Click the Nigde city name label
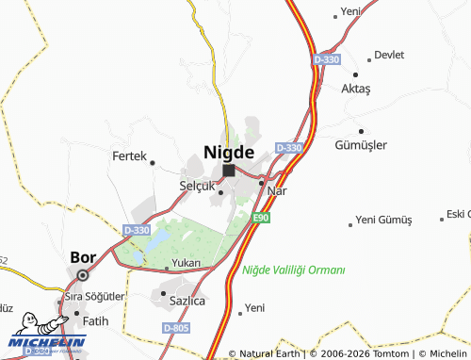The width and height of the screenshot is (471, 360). click(x=229, y=151)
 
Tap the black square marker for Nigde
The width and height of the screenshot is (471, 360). click(x=229, y=171)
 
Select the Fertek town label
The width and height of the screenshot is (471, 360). click(x=129, y=156)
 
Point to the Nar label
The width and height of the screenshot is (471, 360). click(x=277, y=190)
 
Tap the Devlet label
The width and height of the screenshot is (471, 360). click(x=389, y=56)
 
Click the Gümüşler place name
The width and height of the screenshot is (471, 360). click(x=361, y=145)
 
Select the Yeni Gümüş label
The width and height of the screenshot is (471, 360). click(x=384, y=221)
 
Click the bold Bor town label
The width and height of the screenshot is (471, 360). click(x=83, y=256)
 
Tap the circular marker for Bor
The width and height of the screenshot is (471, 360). click(x=83, y=275)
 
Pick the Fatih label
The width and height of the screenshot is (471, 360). click(x=96, y=320)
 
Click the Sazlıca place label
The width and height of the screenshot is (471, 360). click(x=187, y=302)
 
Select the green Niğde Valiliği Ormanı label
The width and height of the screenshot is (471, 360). click(x=293, y=270)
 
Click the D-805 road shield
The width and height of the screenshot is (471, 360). click(x=175, y=327)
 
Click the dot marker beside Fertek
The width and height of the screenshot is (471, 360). click(x=153, y=163)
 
